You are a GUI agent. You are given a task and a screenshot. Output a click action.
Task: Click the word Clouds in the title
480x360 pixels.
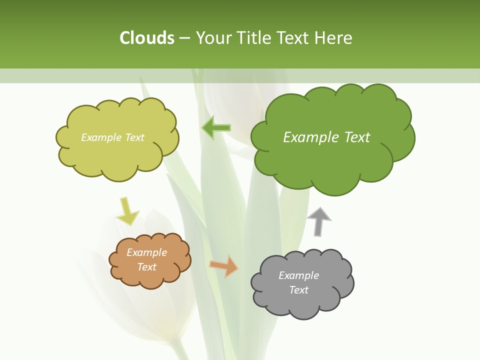pyautogui.click(x=147, y=38)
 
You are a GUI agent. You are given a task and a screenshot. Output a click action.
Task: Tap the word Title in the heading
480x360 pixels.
pyautogui.click(x=254, y=38)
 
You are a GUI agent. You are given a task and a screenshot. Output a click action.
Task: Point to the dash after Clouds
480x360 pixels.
pyautogui.click(x=184, y=38)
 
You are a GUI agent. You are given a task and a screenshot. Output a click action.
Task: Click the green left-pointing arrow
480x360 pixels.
pyautogui.click(x=216, y=128)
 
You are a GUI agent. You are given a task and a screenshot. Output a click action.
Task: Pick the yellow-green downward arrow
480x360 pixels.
pyautogui.click(x=127, y=211)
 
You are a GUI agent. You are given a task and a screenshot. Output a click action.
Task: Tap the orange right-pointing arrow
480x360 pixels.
pyautogui.click(x=224, y=265)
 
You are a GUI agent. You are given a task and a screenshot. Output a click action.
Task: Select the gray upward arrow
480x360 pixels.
pyautogui.click(x=319, y=221)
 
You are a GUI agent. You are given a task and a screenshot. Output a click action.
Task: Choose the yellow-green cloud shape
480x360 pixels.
pyautogui.click(x=117, y=155)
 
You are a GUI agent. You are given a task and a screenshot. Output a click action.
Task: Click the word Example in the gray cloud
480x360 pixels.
pyautogui.click(x=298, y=275)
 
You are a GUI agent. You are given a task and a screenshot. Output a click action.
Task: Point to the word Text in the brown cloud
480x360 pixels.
pyautogui.click(x=147, y=267)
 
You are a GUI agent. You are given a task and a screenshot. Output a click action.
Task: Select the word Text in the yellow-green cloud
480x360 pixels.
pyautogui.click(x=134, y=137)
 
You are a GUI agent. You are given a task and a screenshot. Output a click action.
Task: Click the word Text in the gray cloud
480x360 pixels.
pyautogui.click(x=298, y=290)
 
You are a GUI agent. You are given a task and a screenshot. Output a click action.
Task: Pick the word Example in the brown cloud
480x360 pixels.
pyautogui.click(x=147, y=252)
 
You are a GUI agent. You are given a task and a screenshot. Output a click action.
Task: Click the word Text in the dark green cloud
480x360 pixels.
pyautogui.click(x=356, y=137)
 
